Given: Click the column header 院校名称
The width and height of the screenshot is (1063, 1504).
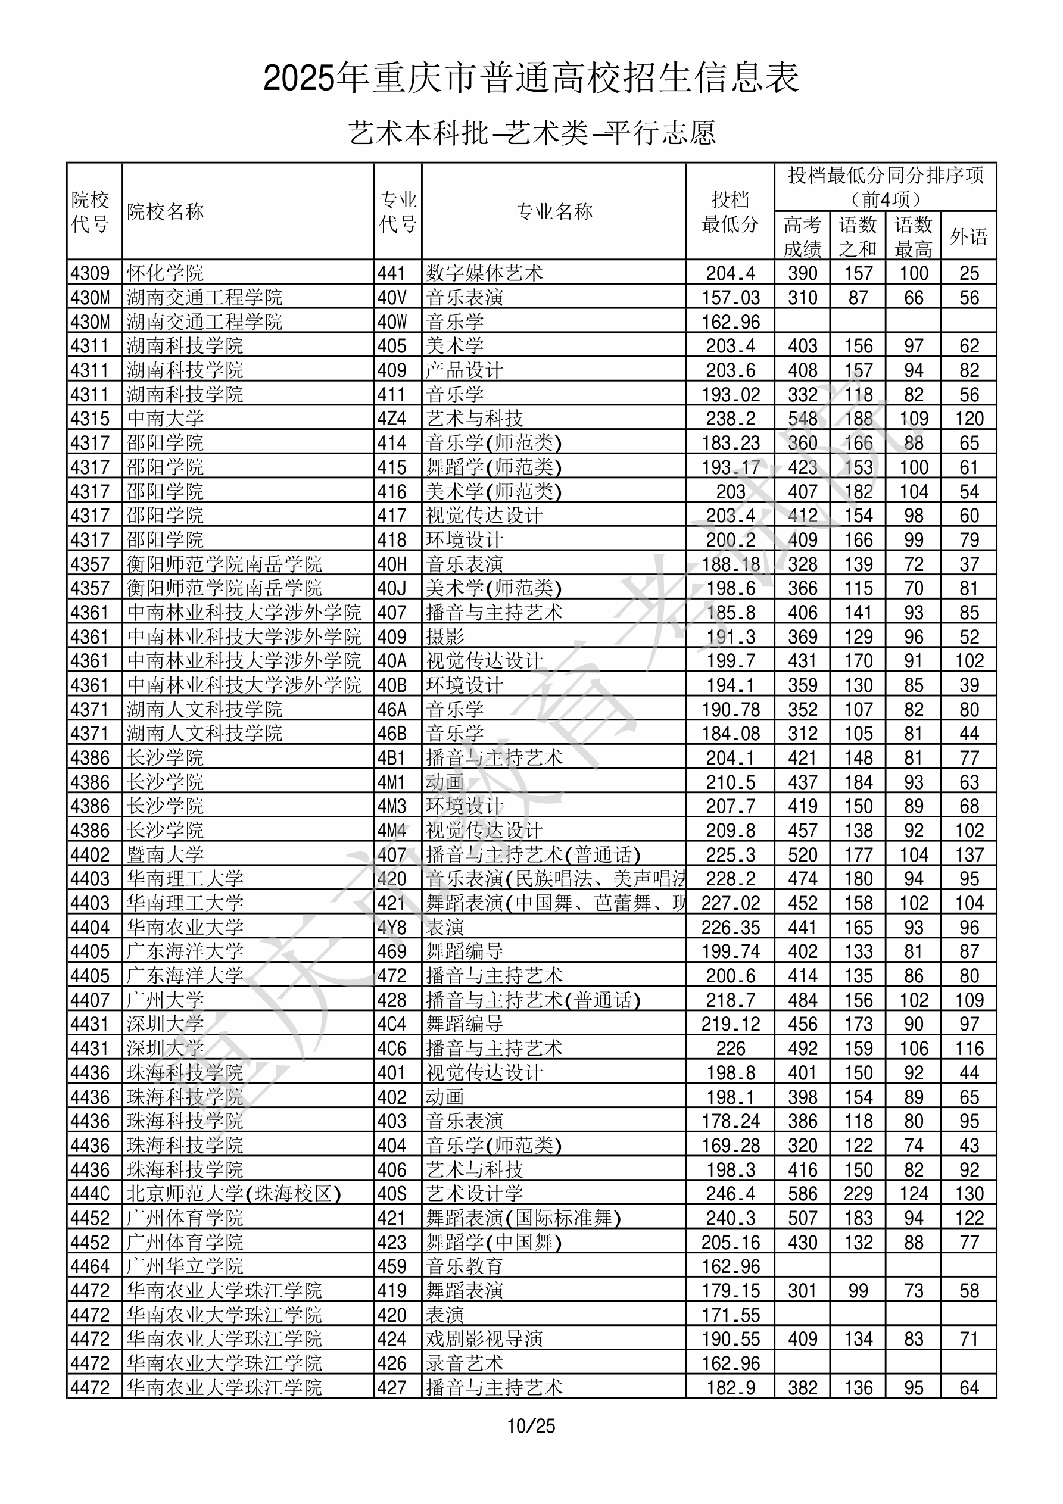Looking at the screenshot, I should coord(165,211).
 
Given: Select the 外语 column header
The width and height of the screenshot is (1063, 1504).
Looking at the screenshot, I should coord(969,236).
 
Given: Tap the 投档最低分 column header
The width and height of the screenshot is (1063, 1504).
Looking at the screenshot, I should coord(730,211).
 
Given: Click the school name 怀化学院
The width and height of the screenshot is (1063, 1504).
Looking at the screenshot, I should coord(165,273).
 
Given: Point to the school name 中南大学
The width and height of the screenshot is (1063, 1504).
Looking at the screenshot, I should coord(165,418).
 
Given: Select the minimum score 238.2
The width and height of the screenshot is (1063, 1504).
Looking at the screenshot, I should coord(730,418).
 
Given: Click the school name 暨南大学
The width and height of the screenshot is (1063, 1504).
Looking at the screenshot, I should coord(165,854).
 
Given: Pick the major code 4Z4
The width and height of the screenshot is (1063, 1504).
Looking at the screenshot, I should coord(392,418).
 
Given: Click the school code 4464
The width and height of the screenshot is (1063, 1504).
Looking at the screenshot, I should coord(90,1266).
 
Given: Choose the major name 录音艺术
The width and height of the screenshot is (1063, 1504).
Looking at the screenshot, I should coord(464,1363).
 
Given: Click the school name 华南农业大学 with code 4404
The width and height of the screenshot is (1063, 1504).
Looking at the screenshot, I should coord(185,927).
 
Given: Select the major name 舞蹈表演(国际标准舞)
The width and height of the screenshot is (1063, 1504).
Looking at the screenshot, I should coord(523,1218).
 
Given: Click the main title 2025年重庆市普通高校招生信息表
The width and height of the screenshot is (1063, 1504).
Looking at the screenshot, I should coord(531,78).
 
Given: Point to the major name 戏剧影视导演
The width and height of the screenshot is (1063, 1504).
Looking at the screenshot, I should coord(484,1339).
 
